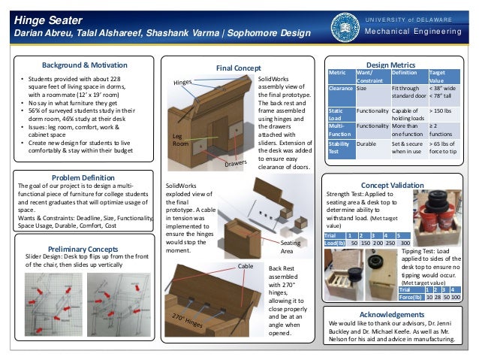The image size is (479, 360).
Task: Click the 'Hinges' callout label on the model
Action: pos(182,82)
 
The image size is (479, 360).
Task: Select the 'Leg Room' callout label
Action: pos(181,138)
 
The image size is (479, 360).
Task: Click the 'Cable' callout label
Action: pos(246,266)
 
